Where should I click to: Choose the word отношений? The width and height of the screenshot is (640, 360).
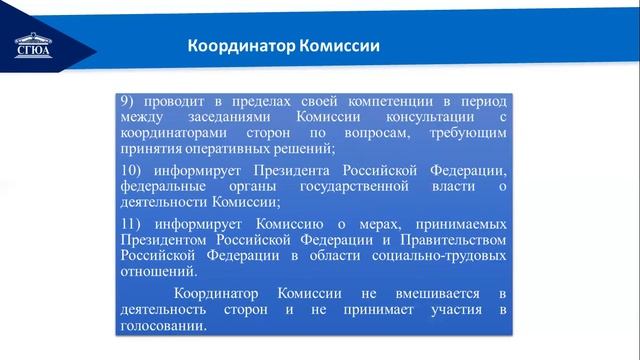tap(157, 271)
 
